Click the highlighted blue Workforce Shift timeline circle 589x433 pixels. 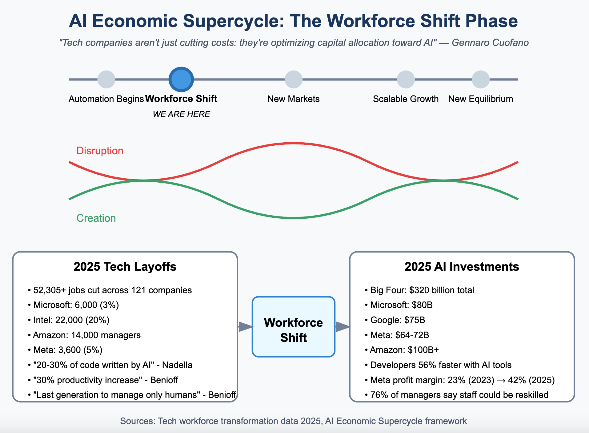pyautogui.click(x=181, y=79)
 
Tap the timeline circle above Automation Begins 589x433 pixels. pyautogui.click(x=106, y=79)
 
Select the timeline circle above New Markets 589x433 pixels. pyautogui.click(x=294, y=79)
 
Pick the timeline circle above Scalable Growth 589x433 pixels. pyautogui.click(x=406, y=79)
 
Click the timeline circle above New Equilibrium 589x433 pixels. pyautogui.click(x=481, y=79)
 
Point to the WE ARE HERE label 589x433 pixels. pyautogui.click(x=181, y=114)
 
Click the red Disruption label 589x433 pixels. pyautogui.click(x=100, y=151)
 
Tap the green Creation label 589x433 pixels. pyautogui.click(x=96, y=218)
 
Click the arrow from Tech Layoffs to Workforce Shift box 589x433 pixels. pyautogui.click(x=246, y=327)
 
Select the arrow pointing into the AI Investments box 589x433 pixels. pyautogui.click(x=343, y=327)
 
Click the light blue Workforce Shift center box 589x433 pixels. pyautogui.click(x=294, y=327)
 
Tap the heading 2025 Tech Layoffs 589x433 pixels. pyautogui.click(x=125, y=267)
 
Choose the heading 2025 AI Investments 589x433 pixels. pyautogui.click(x=462, y=267)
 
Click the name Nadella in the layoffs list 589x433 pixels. pyautogui.click(x=177, y=365)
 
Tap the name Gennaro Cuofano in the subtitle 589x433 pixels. pyautogui.click(x=490, y=42)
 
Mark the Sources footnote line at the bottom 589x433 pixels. pyautogui.click(x=294, y=421)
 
